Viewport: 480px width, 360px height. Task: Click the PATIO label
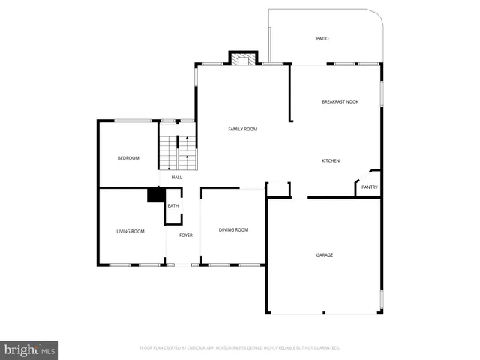[322, 38]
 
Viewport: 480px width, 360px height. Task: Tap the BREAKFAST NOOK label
[340, 101]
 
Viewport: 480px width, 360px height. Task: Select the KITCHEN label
[331, 160]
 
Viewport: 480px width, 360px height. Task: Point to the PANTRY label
[370, 187]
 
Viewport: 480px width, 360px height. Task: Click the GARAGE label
[324, 255]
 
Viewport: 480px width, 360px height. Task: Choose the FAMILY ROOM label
[242, 129]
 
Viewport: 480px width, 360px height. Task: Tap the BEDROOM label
[128, 157]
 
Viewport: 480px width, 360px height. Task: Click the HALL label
[176, 177]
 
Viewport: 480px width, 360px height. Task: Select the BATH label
[173, 206]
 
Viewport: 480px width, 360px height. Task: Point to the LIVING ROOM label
[130, 231]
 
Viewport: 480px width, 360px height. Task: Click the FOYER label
[185, 235]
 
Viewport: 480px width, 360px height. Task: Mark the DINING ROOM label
[233, 229]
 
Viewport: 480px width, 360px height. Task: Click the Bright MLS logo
[30, 349]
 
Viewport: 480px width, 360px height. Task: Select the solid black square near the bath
[156, 195]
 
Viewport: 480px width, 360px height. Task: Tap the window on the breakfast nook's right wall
[382, 93]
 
